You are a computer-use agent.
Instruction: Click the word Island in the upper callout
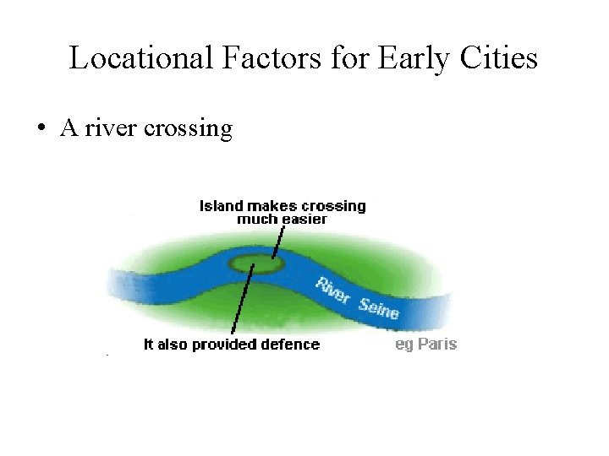[x=220, y=205]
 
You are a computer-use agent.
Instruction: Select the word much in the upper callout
[x=257, y=219]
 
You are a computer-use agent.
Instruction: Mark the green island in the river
[x=257, y=264]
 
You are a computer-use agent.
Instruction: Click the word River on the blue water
[x=332, y=290]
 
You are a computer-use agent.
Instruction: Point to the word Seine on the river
[x=378, y=307]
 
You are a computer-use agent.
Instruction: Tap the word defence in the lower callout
[x=290, y=345]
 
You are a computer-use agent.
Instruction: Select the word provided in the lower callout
[x=227, y=345]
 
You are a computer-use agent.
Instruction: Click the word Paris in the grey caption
[x=437, y=344]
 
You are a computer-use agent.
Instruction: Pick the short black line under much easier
[x=276, y=241]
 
